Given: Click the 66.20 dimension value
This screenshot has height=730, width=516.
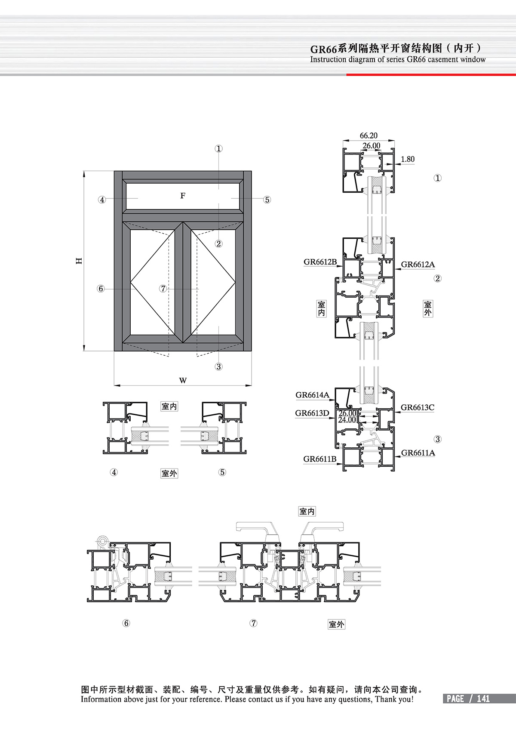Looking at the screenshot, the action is click(369, 135).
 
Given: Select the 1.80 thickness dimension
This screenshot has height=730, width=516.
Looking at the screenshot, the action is click(408, 159).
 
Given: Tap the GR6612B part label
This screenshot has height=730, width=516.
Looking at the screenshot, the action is click(320, 262).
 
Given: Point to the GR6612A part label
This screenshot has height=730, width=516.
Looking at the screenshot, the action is click(418, 264).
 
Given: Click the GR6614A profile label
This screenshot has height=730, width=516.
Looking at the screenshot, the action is click(313, 395).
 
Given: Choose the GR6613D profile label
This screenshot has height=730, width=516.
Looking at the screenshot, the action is click(312, 413).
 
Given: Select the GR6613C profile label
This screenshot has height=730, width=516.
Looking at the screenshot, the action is click(417, 407).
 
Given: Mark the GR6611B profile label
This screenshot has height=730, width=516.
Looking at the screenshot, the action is click(320, 459).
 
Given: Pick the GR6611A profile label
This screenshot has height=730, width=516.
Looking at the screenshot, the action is click(418, 453).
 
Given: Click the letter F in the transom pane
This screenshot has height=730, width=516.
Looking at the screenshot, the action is click(183, 196).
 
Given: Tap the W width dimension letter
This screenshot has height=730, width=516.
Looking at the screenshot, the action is click(183, 380).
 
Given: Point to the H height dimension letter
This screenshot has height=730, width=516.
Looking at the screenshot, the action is click(79, 261).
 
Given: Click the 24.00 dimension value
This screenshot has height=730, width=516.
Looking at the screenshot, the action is click(347, 420).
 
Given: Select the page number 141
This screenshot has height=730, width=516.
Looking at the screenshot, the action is click(483, 699).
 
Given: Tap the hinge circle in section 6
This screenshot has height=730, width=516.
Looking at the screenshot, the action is click(103, 542).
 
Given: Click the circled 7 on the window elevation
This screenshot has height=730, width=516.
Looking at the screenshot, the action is click(163, 288).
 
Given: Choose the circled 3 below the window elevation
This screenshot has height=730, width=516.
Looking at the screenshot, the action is click(218, 367).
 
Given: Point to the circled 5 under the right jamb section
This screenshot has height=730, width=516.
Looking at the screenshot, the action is click(222, 472).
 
